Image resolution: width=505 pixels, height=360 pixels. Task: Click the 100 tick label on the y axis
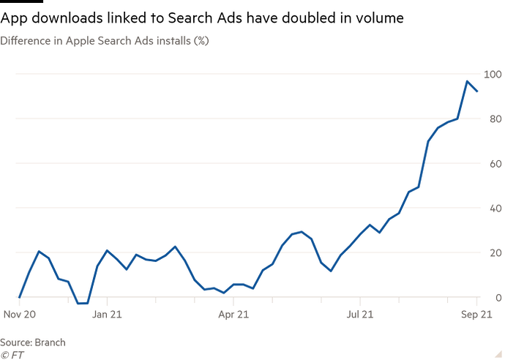click(x=491, y=74)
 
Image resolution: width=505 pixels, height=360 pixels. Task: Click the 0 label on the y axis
click(x=495, y=298)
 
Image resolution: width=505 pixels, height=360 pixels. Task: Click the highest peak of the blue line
click(x=467, y=80)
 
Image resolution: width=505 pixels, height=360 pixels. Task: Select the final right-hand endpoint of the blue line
click(x=478, y=91)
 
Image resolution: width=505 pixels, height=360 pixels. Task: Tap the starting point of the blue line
click(x=19, y=296)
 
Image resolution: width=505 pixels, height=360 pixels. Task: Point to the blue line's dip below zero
click(x=83, y=302)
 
